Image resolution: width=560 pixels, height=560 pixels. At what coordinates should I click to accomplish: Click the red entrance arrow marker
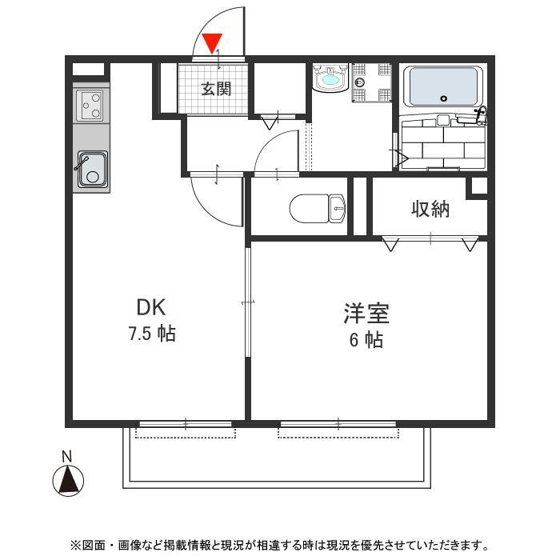pos(212,42)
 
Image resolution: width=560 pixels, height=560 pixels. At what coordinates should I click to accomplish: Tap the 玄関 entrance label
pos(215,88)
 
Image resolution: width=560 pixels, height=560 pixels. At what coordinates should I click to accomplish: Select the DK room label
pos(151,307)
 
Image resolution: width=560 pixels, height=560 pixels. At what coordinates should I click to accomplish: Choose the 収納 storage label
pos(430,210)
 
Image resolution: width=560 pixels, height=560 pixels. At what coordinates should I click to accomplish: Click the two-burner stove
pos(92,105)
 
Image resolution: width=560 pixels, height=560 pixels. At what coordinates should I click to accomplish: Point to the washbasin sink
pos(328,81)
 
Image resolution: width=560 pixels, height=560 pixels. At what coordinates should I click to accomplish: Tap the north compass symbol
pos(68,480)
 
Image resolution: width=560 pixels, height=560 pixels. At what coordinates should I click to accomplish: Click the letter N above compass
pos(67,457)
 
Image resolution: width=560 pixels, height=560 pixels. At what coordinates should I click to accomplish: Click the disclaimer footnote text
pos(280,546)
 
